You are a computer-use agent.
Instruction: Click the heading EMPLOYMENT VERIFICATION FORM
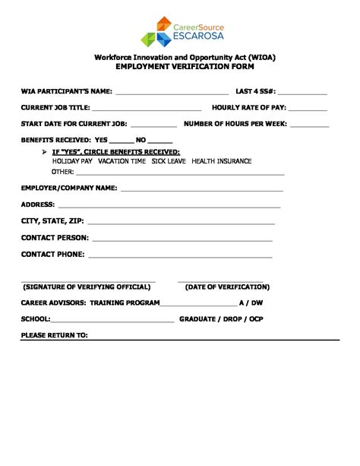180,68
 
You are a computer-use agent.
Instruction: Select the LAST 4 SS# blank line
302,94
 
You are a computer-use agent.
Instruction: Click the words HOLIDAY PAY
72,162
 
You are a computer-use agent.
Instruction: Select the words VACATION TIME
122,162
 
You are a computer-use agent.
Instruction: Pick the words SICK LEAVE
168,162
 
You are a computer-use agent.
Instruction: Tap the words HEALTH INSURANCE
223,162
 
